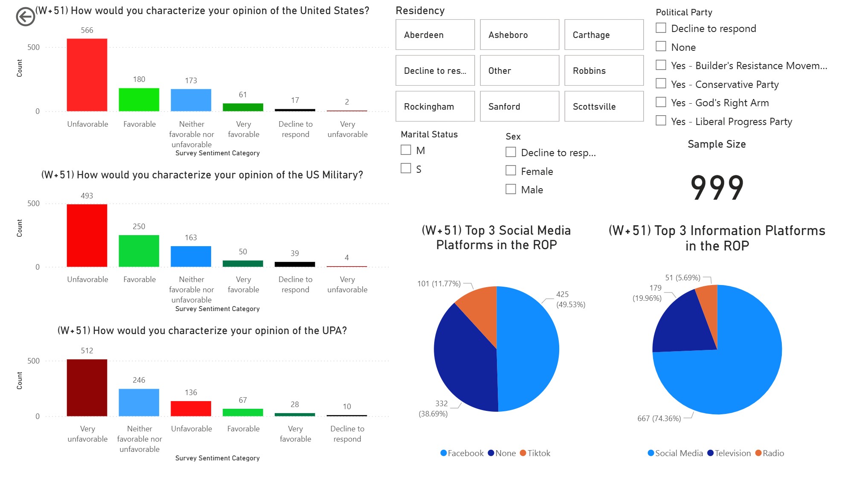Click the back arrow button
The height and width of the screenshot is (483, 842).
pyautogui.click(x=25, y=17)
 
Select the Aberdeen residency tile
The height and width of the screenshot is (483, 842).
pyautogui.click(x=435, y=35)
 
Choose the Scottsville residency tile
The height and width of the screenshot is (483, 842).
pyautogui.click(x=604, y=107)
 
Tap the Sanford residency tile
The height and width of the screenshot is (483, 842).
pyautogui.click(x=519, y=107)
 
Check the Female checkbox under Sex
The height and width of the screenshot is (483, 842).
pyautogui.click(x=511, y=171)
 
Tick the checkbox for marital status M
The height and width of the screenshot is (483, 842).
pyautogui.click(x=406, y=150)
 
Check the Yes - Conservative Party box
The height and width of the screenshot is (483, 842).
pyautogui.click(x=661, y=84)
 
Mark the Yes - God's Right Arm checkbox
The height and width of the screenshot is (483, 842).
pyautogui.click(x=661, y=102)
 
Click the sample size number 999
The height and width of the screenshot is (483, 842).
pyautogui.click(x=717, y=188)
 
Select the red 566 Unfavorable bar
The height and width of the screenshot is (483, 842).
pyautogui.click(x=87, y=75)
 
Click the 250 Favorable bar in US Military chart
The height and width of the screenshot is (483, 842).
pyautogui.click(x=139, y=251)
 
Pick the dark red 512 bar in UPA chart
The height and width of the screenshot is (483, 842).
pyautogui.click(x=87, y=387)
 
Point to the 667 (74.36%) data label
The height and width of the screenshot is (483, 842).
pyautogui.click(x=659, y=419)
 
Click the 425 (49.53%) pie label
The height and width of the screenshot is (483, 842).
pyautogui.click(x=570, y=300)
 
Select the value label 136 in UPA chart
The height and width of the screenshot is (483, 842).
pyautogui.click(x=191, y=393)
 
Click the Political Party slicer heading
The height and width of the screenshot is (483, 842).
pyautogui.click(x=684, y=12)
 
